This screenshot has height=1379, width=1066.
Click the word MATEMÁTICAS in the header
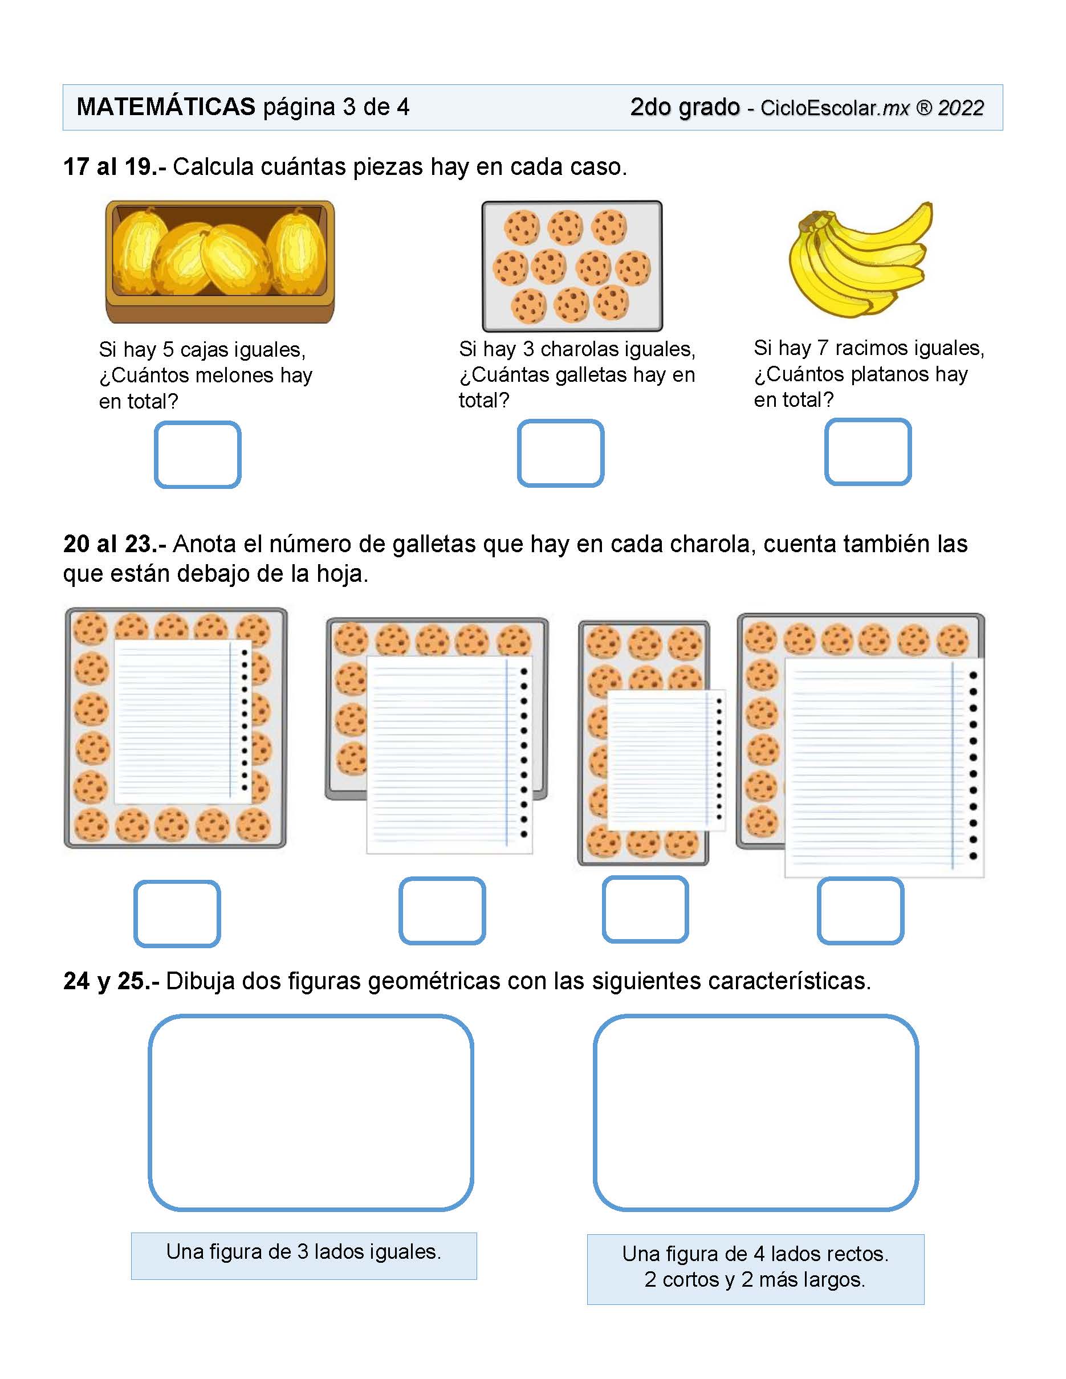(165, 107)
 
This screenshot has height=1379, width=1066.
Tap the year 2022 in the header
(961, 108)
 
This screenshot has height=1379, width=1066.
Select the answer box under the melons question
(198, 455)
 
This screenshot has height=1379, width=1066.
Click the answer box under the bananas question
(868, 452)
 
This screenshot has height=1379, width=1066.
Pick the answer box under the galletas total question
(560, 454)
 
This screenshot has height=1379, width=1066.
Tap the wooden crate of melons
(220, 262)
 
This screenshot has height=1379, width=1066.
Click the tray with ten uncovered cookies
(572, 266)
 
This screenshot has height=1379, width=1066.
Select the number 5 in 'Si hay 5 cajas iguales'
(168, 350)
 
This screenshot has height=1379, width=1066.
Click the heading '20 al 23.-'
(115, 544)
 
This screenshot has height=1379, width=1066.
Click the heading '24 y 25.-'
(111, 981)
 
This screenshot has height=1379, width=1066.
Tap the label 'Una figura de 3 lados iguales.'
(304, 1251)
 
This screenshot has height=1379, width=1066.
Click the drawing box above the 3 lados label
(311, 1112)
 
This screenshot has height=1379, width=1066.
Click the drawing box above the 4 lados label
(756, 1112)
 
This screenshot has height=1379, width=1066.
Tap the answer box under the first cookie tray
(177, 913)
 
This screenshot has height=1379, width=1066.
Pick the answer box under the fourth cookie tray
(860, 911)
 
